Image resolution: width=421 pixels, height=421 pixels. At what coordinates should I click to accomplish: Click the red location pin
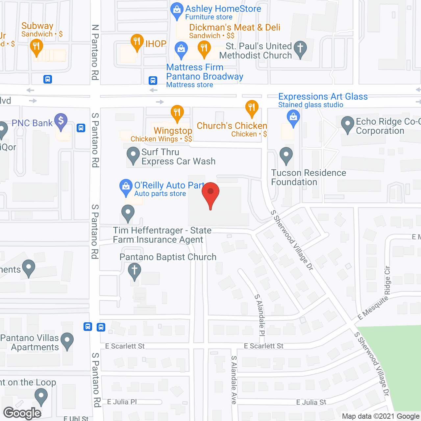210,192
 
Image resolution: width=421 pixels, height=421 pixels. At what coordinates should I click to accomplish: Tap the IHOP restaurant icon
136,42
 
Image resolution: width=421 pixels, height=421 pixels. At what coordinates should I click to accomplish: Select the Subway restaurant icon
36,46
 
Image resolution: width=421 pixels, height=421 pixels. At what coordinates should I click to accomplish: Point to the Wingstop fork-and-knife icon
177,112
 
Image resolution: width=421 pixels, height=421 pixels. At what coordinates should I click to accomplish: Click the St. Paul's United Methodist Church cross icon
300,48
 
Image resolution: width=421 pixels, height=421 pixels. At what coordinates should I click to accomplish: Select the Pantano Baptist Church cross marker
134,271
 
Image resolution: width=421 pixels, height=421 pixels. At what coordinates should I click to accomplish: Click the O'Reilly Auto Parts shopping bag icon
126,186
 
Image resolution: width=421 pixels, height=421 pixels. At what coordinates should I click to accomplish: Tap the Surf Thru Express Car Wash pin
133,155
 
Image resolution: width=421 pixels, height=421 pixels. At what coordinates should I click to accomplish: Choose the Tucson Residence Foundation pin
286,155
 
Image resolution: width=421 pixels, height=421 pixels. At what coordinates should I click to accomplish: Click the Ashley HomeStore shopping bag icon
177,10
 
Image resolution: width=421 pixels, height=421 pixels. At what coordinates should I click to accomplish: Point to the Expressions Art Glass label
323,97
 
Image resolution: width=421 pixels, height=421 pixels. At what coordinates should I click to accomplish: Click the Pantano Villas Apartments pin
67,340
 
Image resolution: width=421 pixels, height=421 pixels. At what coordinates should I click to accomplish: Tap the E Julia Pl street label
122,402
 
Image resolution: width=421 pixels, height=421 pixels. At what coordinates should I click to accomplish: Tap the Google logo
22,413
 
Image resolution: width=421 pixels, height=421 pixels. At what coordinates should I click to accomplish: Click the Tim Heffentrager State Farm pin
128,212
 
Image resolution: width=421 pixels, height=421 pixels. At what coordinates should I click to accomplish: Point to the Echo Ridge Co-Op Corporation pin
348,124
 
